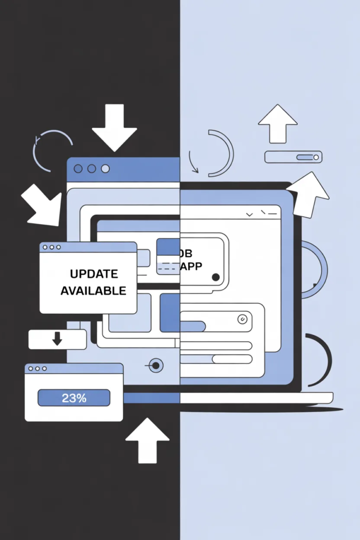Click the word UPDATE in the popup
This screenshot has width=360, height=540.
[x=93, y=274]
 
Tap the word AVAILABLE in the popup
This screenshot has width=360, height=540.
[x=93, y=291]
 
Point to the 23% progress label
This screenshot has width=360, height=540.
[x=74, y=398]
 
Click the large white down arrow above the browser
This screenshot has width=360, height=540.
[x=114, y=127]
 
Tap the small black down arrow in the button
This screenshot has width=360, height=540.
[x=57, y=339]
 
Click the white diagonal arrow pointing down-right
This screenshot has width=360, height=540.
[x=42, y=205]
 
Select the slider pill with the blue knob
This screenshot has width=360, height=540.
[x=293, y=157]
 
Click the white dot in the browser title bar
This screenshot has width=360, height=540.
[x=105, y=169]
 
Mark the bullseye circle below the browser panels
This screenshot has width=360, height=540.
[x=155, y=365]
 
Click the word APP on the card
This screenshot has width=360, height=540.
[x=191, y=266]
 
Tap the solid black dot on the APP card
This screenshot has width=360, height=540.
[x=216, y=277]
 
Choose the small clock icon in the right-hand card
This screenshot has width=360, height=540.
[x=242, y=319]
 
